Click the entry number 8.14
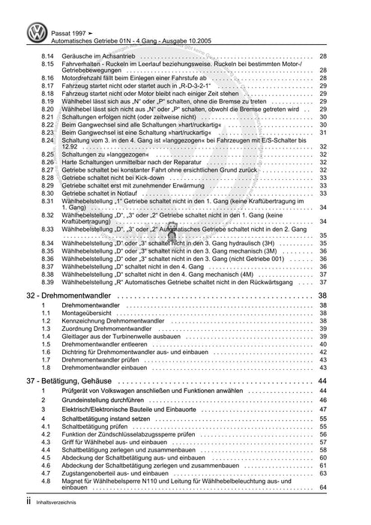(x=47, y=56)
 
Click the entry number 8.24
(x=47, y=139)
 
